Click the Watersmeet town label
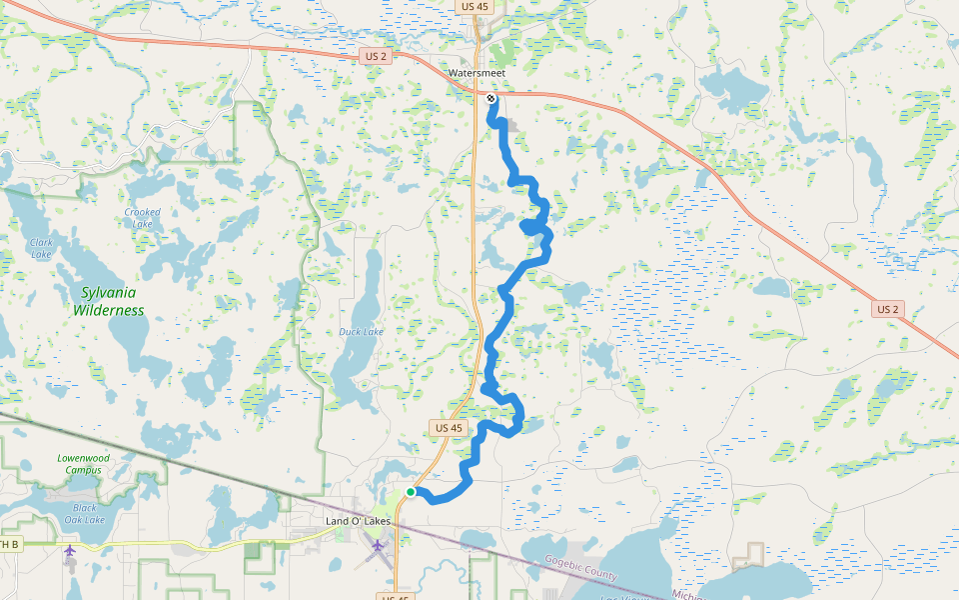click(477, 73)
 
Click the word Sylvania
click(110, 293)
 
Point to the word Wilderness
click(108, 310)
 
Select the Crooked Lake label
click(142, 218)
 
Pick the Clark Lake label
click(41, 248)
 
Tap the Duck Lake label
click(361, 332)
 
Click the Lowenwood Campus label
click(83, 464)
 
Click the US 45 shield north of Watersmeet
click(476, 6)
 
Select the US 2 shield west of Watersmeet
click(376, 56)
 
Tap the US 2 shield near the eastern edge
click(887, 309)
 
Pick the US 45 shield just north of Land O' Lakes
click(449, 428)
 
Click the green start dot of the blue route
click(411, 492)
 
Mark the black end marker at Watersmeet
click(490, 98)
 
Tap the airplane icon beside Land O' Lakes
click(377, 545)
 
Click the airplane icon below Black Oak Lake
click(69, 550)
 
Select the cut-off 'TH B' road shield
click(9, 544)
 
